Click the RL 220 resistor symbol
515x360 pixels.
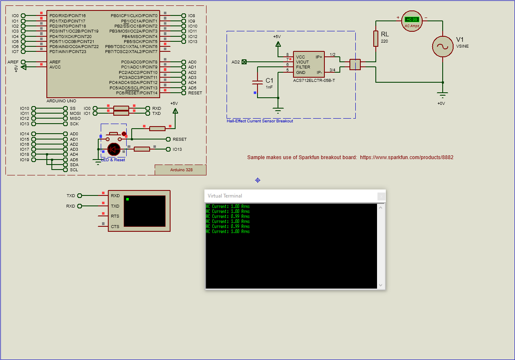pos(376,38)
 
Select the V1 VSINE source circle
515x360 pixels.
pos(442,46)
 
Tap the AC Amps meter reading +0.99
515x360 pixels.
pos(412,20)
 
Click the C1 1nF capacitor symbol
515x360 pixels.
pos(257,83)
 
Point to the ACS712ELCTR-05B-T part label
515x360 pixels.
pos(314,80)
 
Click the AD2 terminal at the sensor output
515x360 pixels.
pos(244,62)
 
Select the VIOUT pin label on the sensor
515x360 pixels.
pos(303,62)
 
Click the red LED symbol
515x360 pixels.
pos(114,149)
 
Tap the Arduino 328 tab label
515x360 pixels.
pos(181,170)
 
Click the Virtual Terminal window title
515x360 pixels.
pos(225,196)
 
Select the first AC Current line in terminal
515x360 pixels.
pos(228,206)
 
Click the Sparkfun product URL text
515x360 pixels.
pos(406,157)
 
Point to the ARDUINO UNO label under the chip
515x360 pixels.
pos(61,101)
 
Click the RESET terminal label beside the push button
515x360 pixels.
pos(179,139)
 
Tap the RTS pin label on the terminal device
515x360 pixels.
pos(115,216)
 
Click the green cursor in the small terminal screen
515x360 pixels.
pos(127,199)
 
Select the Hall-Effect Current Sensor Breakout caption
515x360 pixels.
pos(260,121)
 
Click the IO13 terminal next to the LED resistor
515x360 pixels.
pos(177,149)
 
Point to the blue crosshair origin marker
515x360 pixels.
pos(257,180)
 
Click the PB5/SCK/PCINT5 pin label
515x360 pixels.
pos(140,41)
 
